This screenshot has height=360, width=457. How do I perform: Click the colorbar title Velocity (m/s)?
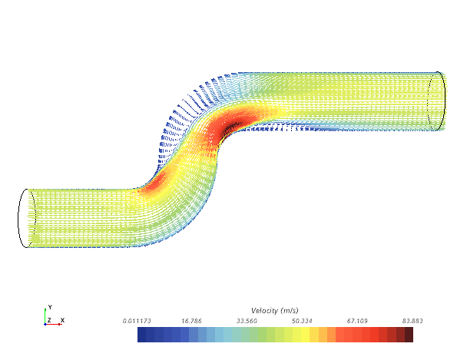click(274, 310)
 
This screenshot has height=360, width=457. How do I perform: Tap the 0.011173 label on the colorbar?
click(137, 321)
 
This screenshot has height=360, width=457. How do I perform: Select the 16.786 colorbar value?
click(191, 321)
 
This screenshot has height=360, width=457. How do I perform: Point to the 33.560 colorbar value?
click(247, 321)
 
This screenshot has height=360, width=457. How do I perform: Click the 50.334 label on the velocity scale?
click(302, 321)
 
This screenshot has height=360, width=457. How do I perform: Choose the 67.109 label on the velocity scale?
click(357, 321)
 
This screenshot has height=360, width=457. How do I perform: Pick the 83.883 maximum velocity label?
click(412, 321)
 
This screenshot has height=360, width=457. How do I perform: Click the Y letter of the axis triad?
click(50, 307)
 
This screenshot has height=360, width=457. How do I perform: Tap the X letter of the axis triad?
click(62, 320)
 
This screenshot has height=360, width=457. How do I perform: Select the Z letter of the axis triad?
click(49, 320)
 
